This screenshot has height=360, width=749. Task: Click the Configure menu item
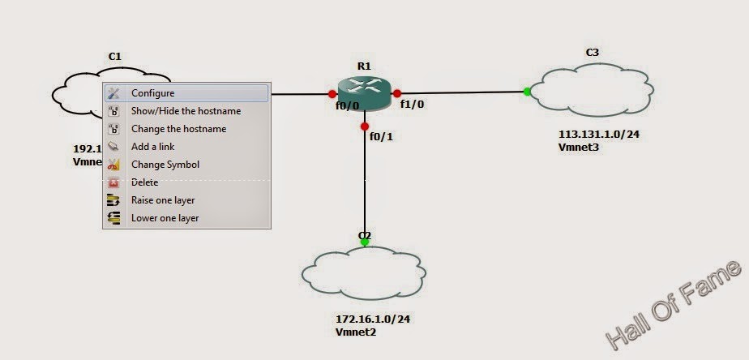153,93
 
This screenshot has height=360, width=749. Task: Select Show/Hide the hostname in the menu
186,111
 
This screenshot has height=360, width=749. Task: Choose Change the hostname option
178,129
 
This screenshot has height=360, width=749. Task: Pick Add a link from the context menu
152,147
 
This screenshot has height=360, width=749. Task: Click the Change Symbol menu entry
165,165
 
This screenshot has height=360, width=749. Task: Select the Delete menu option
145,182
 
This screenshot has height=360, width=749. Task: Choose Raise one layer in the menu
163,200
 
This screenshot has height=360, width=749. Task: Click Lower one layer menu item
165,218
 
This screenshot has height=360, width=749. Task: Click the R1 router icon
365,92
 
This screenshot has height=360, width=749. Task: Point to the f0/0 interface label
348,105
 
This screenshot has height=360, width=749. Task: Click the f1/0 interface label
413,105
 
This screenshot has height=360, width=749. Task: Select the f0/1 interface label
381,136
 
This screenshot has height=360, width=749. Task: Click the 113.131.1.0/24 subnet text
598,135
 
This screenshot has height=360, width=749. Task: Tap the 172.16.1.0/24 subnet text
373,319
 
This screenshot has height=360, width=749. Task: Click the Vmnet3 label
578,147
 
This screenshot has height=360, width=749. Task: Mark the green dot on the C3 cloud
527,91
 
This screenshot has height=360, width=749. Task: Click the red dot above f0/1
365,126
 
